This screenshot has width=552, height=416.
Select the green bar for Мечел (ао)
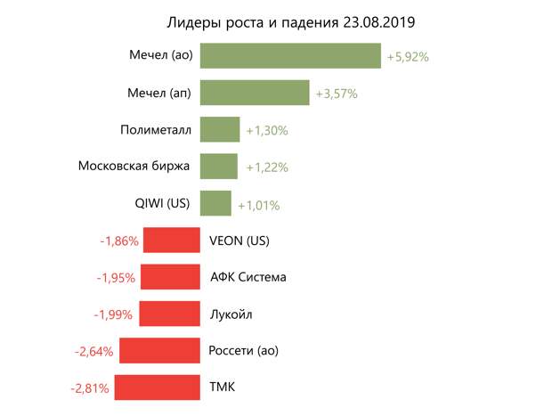(290, 55)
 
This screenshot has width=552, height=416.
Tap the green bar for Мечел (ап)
(255, 93)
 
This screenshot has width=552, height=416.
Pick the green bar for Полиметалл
(220, 129)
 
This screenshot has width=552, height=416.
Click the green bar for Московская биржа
(218, 167)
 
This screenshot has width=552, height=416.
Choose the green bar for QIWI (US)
(215, 204)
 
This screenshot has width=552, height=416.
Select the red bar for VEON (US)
(171, 241)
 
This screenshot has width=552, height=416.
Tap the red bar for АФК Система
(170, 277)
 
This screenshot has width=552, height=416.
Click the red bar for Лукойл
(169, 314)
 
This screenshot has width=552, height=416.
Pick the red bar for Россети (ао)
(159, 351)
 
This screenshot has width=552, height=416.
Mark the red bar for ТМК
(157, 387)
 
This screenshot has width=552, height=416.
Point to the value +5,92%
(408, 56)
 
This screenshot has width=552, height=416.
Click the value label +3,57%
(337, 94)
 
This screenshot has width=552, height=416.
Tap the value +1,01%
(258, 205)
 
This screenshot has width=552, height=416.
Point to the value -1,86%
(118, 241)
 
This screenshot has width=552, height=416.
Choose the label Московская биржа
(134, 167)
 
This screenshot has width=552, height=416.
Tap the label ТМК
(222, 387)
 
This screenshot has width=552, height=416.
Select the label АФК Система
(248, 277)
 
